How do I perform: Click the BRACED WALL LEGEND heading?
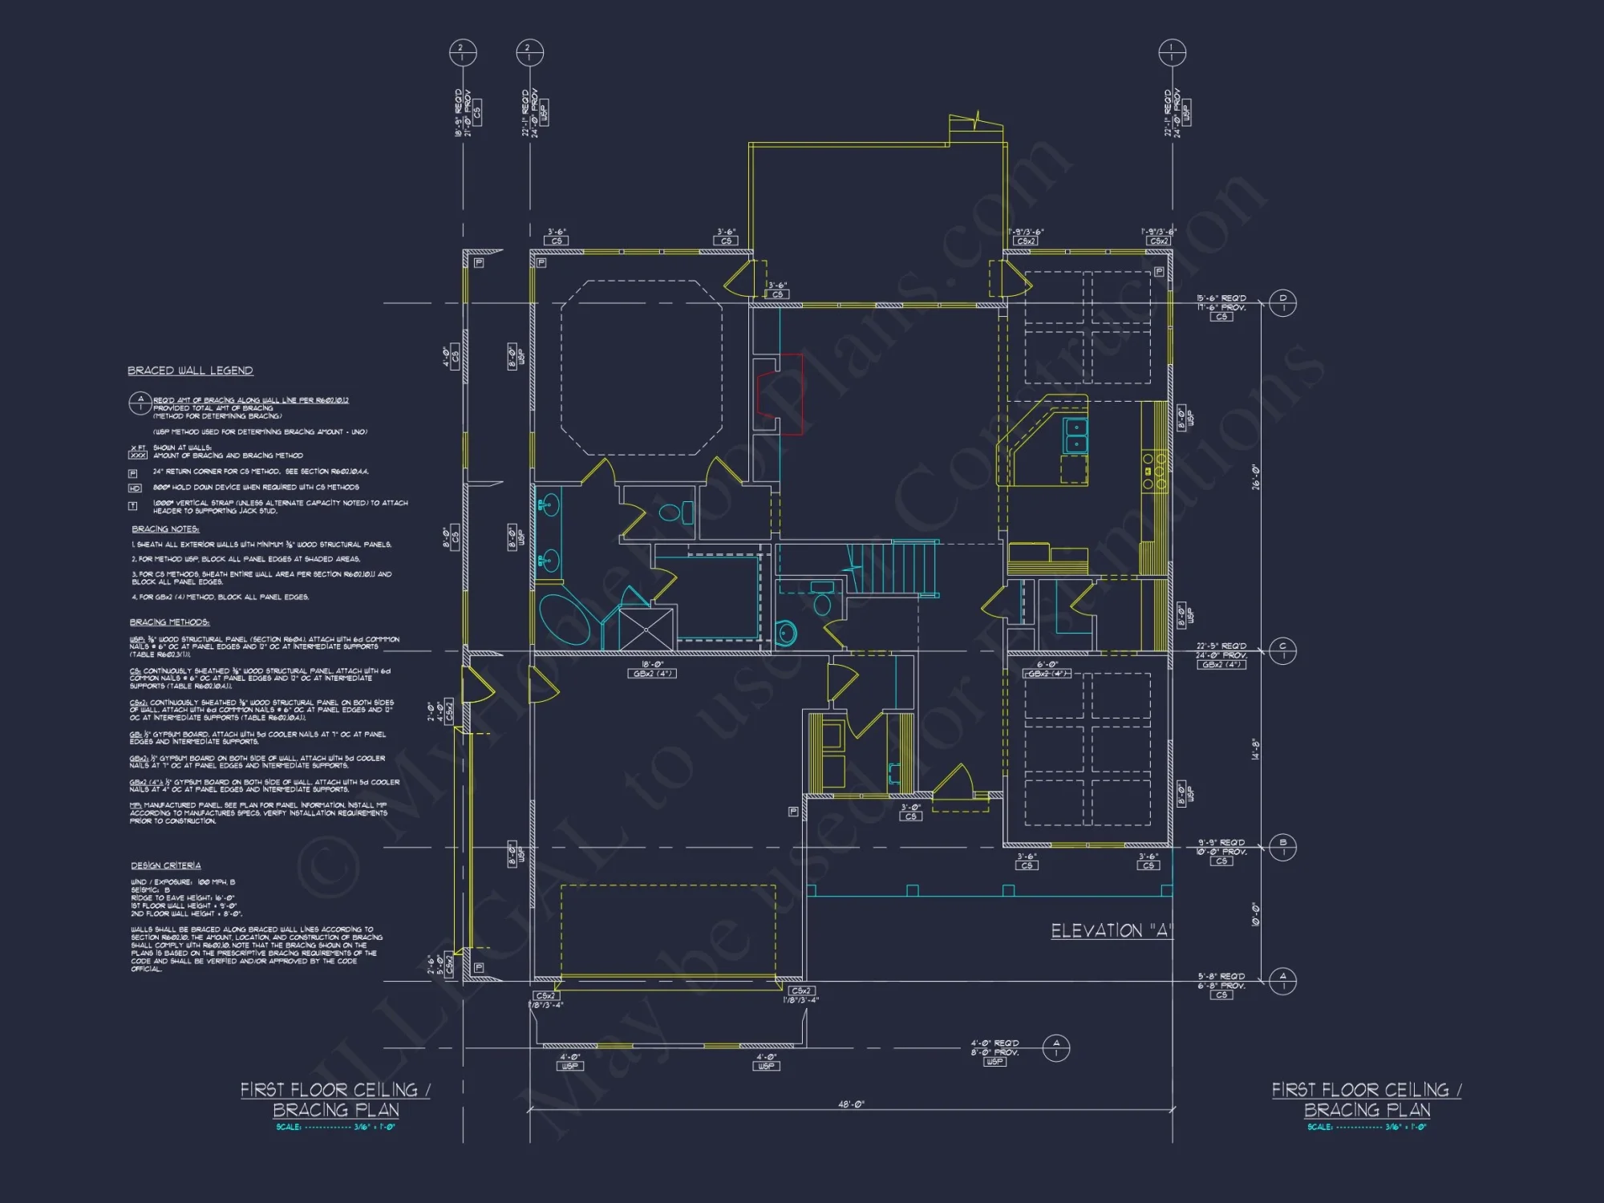coord(190,371)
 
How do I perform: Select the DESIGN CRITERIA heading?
coord(166,865)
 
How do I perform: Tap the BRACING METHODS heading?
coord(169,622)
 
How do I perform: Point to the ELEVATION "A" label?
coord(1111,931)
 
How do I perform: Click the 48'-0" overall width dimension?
coord(851,1104)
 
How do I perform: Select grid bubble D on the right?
coord(1282,302)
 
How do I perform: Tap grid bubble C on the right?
coord(1282,650)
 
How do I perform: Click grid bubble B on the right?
coord(1282,847)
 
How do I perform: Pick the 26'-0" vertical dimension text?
coord(1256,476)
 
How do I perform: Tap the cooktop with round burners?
coord(1153,472)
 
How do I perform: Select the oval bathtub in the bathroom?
coord(563,619)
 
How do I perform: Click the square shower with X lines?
coord(646,629)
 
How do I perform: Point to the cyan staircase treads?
coord(892,566)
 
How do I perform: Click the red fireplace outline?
coord(780,394)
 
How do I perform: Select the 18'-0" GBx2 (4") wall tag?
coord(651,669)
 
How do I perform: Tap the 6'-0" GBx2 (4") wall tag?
coord(1047,669)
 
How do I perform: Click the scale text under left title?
coord(335,1127)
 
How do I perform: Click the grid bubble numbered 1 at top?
coord(1172,53)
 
